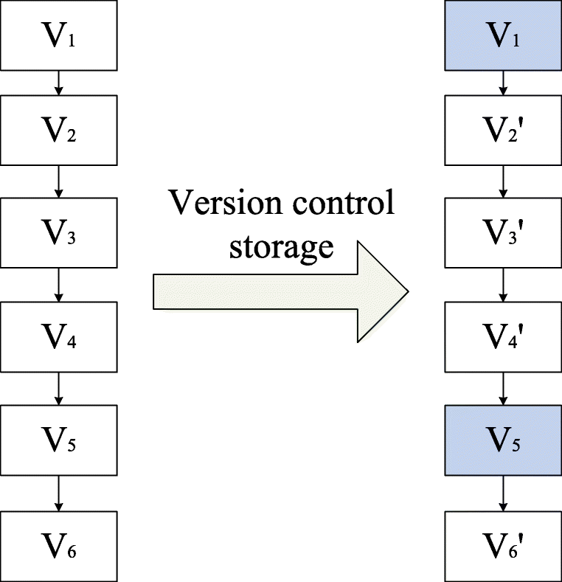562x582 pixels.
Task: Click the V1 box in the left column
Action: point(60,36)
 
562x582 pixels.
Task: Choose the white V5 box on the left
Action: point(60,444)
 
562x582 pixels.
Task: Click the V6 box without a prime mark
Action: point(60,547)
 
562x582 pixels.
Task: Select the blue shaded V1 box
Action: point(503,36)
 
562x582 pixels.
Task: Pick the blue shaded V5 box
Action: point(503,444)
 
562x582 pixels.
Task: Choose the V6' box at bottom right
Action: point(503,547)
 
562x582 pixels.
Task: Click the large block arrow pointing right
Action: point(280,291)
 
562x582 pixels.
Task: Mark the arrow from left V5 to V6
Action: point(60,495)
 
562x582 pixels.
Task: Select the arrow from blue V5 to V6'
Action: point(503,495)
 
